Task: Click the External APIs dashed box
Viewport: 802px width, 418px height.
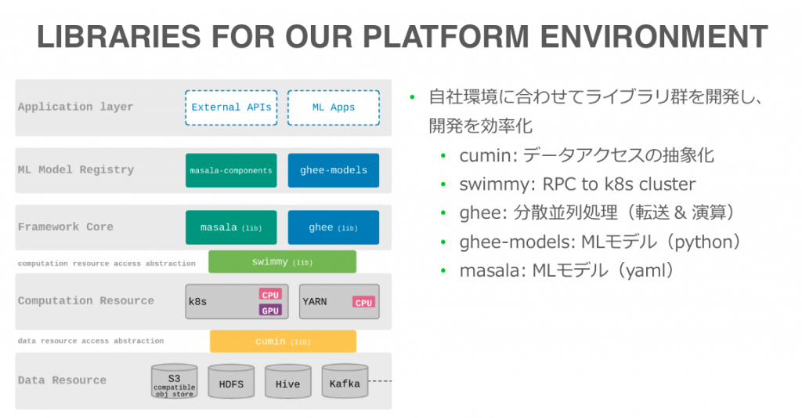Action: pos(231,107)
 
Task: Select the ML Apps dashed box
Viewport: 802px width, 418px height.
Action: pos(334,107)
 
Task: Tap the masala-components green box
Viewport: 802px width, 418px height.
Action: pos(231,170)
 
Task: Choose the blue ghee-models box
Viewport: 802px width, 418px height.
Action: pos(334,170)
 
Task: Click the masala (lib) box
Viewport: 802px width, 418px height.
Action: pos(231,227)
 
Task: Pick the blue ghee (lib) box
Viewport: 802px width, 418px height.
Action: pos(334,227)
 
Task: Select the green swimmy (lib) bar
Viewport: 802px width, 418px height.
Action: pos(282,262)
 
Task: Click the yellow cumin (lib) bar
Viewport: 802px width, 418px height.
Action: pos(283,341)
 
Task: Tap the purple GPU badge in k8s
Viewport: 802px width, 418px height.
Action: pos(270,310)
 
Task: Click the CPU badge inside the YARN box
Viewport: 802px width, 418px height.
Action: pos(363,302)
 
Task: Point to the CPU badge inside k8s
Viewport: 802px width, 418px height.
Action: pos(270,295)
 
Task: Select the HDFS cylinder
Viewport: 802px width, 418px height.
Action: pos(231,382)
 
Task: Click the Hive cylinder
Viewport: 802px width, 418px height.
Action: pos(288,382)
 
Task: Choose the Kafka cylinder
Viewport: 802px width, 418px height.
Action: pos(345,382)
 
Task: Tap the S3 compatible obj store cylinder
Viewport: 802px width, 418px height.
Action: pos(175,382)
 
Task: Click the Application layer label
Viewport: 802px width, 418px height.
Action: pos(76,107)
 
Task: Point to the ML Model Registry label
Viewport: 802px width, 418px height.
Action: pos(76,169)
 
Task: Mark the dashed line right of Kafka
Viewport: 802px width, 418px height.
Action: pos(380,381)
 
